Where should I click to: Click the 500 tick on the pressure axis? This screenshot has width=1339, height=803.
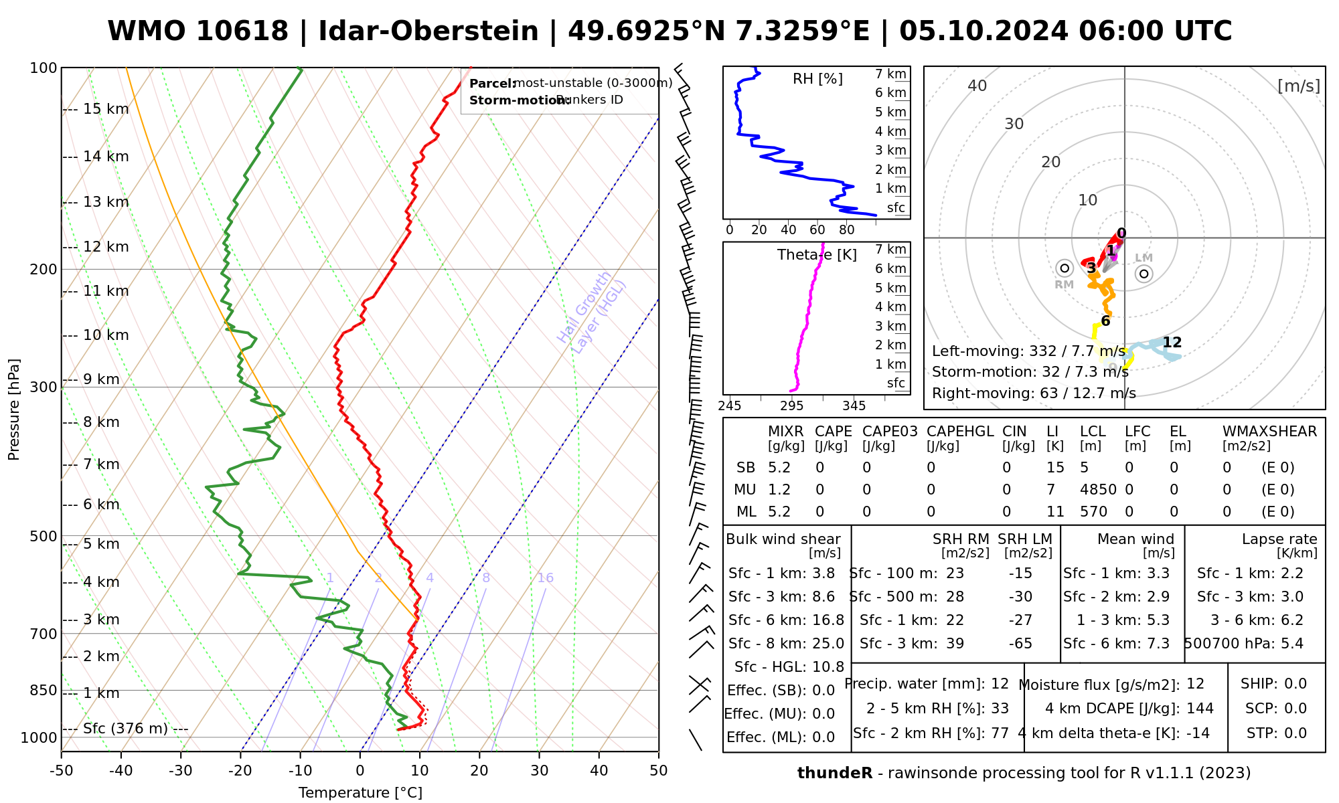pos(45,536)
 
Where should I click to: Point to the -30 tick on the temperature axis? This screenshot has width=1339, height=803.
pos(181,771)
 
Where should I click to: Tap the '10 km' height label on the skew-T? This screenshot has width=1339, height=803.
pos(106,335)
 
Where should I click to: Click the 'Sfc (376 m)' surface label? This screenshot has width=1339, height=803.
pos(125,729)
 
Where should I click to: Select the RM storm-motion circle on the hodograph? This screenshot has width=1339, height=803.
pos(1065,268)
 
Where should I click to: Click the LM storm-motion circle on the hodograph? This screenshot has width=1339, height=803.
pos(1144,273)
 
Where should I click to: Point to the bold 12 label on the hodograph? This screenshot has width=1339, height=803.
pos(1172,343)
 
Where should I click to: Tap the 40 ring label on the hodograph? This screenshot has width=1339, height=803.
pos(977,86)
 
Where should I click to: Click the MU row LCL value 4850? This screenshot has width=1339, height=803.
pos(1098,490)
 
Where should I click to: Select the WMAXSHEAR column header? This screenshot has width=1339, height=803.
pos(1269,432)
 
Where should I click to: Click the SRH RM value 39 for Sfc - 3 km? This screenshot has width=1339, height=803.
pos(955,644)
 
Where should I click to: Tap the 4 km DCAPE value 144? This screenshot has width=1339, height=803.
pos(1200,709)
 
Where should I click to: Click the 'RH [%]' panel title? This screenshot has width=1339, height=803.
pos(817,79)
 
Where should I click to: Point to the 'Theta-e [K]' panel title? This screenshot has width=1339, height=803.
pos(817,255)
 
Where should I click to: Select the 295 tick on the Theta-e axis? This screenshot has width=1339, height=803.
pos(792,406)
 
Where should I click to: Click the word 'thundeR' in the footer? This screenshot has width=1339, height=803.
pos(834,774)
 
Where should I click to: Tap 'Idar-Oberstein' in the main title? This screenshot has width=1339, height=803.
pos(428,31)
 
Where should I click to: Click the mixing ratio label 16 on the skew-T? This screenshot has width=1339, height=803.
pos(545,578)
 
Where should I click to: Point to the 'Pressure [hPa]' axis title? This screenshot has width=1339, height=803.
pos(14,410)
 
